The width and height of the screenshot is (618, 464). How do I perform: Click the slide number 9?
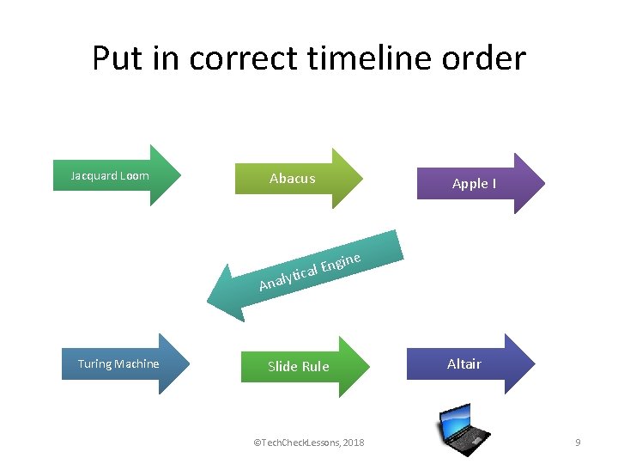point(578,443)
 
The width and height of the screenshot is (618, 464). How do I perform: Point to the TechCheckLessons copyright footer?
point(309,443)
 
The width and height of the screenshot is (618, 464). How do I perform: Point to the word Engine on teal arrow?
point(340,260)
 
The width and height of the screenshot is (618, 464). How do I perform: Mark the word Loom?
point(135,176)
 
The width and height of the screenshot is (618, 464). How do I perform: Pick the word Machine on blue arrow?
point(137,363)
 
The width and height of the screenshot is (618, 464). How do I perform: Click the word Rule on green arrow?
point(315,367)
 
